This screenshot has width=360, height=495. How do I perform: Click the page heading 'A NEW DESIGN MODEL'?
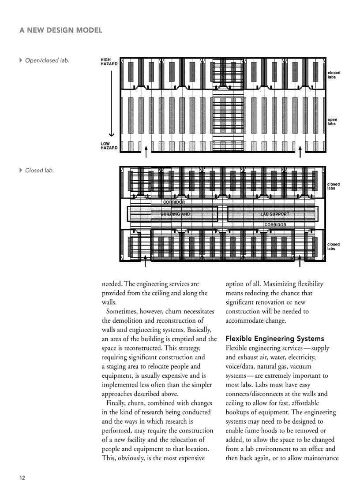[61, 30]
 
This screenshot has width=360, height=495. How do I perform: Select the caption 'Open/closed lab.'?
[47, 60]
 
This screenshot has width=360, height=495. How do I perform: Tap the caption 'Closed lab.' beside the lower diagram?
[39, 170]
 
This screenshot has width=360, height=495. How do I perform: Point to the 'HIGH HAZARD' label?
[109, 62]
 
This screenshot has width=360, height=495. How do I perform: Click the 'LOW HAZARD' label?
[109, 146]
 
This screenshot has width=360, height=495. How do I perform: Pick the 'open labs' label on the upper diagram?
[332, 122]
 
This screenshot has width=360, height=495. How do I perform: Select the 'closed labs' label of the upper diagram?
[334, 75]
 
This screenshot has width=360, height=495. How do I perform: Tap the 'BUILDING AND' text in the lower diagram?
[175, 214]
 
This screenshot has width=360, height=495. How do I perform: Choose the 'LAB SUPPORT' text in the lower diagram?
[274, 214]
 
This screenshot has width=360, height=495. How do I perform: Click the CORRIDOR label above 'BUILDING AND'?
[174, 202]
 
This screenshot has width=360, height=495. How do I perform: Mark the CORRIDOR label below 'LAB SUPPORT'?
[275, 225]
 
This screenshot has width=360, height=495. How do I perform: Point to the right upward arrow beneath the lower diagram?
[300, 261]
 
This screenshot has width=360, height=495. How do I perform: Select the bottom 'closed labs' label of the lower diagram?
[333, 246]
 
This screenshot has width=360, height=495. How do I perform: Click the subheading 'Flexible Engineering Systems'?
[274, 339]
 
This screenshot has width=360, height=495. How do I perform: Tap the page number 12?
[22, 478]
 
